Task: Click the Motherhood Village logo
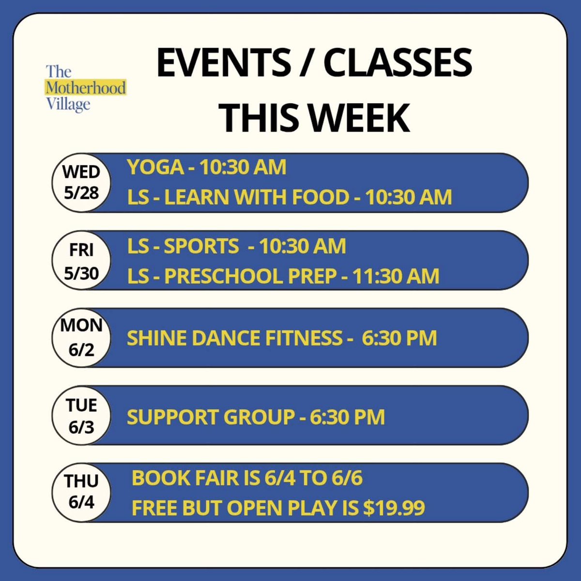point(86,88)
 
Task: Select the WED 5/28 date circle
point(81,183)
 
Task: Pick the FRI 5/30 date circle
point(81,261)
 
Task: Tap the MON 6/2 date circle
point(81,337)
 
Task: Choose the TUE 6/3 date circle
point(81,415)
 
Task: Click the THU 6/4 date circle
point(81,492)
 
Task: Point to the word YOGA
point(155,168)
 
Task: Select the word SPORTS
point(201,246)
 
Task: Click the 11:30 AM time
point(396,276)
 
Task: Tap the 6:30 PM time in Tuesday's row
point(347,417)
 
